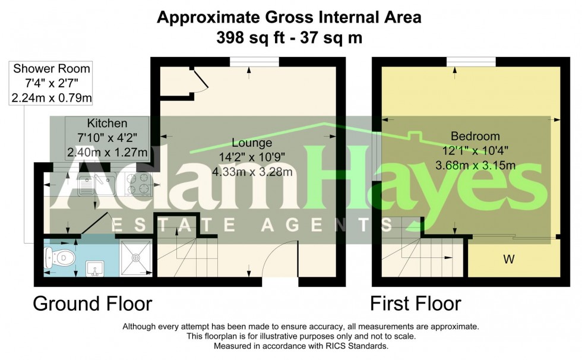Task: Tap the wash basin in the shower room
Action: click(x=93, y=270)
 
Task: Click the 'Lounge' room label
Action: click(x=252, y=143)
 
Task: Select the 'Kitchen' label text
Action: click(x=107, y=124)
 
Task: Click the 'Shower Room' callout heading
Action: click(x=52, y=70)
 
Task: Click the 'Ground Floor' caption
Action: click(x=92, y=304)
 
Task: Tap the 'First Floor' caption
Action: click(x=415, y=304)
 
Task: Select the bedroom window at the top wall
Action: click(x=472, y=61)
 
